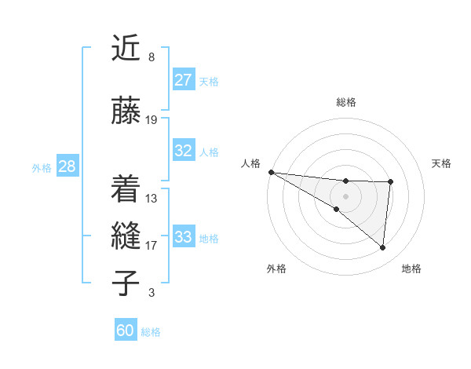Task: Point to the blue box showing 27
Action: [x=184, y=80]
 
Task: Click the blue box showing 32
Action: [x=184, y=152]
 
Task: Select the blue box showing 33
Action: [x=184, y=237]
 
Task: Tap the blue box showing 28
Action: [x=67, y=166]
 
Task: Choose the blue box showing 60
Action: [x=126, y=331]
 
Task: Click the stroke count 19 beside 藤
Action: [x=152, y=120]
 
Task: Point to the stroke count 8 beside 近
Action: [x=152, y=57]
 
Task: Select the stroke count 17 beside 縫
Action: [x=152, y=246]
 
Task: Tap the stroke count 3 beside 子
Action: [x=152, y=293]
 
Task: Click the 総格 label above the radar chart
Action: [x=346, y=102]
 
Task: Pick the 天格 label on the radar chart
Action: [x=442, y=163]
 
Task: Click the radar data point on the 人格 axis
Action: [x=271, y=171]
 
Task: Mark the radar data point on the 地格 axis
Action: [x=383, y=247]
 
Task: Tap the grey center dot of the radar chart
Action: [x=345, y=195]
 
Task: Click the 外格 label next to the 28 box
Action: [x=42, y=167]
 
